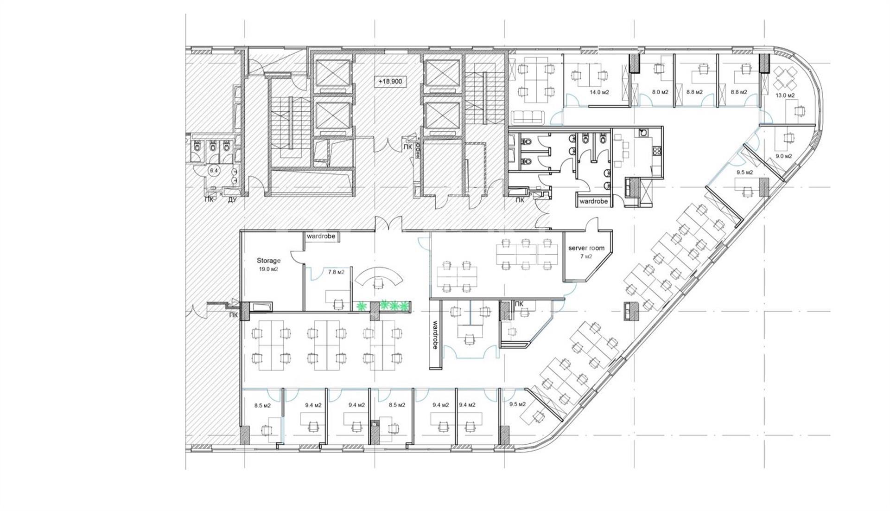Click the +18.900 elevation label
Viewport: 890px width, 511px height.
(x=390, y=82)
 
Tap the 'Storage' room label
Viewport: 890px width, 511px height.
(x=269, y=261)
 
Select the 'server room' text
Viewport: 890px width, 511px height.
(x=586, y=248)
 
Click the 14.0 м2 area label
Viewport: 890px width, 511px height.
(x=599, y=92)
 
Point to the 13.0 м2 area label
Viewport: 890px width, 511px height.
(x=785, y=96)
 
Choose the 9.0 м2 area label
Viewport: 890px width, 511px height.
(x=784, y=156)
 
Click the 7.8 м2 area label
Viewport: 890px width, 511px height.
(x=336, y=272)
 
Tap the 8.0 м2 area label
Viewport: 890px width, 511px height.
(x=660, y=92)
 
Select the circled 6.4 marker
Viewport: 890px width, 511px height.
(x=214, y=171)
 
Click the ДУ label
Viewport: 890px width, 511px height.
(x=232, y=200)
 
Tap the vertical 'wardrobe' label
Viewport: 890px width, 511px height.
(x=435, y=336)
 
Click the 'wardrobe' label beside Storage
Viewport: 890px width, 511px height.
(x=321, y=236)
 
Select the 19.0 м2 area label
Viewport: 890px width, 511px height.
(x=268, y=269)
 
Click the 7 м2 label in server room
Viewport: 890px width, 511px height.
(x=586, y=256)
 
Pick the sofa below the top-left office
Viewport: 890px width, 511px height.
(x=528, y=117)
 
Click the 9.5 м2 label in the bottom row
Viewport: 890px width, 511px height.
(x=517, y=404)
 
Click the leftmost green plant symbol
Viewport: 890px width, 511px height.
(x=361, y=306)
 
